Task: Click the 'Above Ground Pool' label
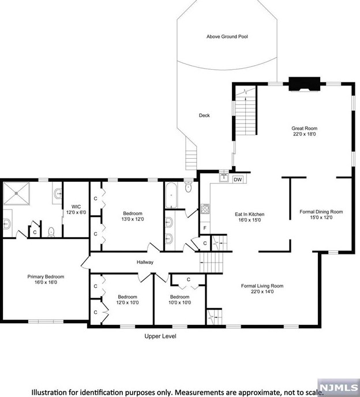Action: tap(231, 36)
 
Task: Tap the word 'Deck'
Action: tap(204, 115)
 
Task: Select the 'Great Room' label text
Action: tap(304, 128)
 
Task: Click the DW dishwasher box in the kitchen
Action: tap(238, 179)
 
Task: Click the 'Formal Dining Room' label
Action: tap(321, 212)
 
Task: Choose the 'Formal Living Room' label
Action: tap(262, 286)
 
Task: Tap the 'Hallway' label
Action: tap(145, 263)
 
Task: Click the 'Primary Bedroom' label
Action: tap(46, 276)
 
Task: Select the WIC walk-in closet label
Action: tap(76, 206)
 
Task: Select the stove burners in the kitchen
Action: tap(205, 209)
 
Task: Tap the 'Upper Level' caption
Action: tap(160, 336)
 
